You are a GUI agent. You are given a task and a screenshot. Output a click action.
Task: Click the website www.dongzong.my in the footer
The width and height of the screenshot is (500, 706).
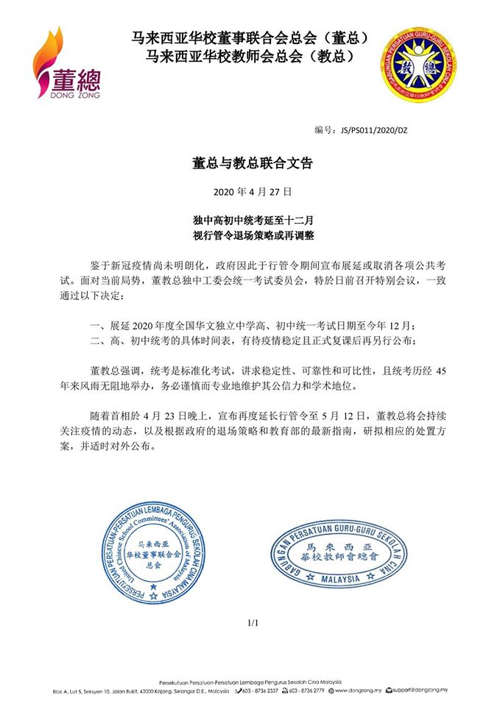(x=356, y=692)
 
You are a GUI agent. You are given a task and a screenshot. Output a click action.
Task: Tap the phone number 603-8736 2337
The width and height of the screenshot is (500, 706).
(x=258, y=692)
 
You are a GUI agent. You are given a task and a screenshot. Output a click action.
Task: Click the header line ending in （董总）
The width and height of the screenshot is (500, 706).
(x=250, y=36)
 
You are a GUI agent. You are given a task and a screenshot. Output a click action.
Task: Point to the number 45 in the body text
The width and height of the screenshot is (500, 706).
(x=440, y=371)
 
